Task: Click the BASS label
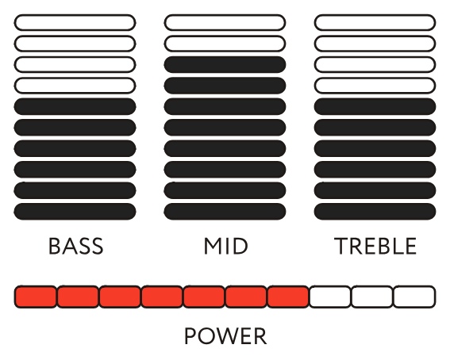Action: tap(75, 246)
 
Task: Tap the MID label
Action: tap(225, 246)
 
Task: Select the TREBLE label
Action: tap(375, 246)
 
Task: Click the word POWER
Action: tap(225, 336)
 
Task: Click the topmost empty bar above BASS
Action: tap(75, 22)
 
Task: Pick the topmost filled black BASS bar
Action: tap(75, 106)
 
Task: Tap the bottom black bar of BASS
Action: tap(75, 212)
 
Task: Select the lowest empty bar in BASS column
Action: tap(75, 86)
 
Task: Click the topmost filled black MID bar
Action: tap(225, 64)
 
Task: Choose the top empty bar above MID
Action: tap(225, 22)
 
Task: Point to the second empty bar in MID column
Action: tap(225, 44)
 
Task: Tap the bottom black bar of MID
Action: tap(225, 212)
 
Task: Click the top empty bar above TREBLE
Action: tap(375, 22)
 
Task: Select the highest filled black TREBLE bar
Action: tap(375, 106)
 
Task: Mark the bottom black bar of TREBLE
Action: tap(375, 212)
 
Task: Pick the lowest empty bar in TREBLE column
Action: tap(375, 86)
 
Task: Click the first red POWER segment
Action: tap(36, 297)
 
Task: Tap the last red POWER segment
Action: tap(288, 297)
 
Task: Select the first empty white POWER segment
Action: tap(330, 297)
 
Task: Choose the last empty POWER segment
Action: tap(414, 297)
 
